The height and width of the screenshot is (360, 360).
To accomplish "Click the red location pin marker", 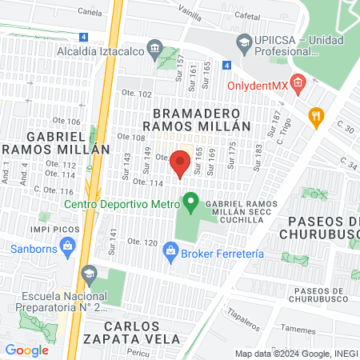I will point(180,162).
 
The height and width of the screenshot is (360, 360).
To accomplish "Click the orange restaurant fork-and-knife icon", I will point(317,116).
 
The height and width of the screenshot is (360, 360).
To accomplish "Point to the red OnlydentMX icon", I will point(298,81).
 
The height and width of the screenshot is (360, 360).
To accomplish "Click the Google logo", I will point(26,350).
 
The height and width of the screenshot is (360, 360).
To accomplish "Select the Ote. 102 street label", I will point(135,94).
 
